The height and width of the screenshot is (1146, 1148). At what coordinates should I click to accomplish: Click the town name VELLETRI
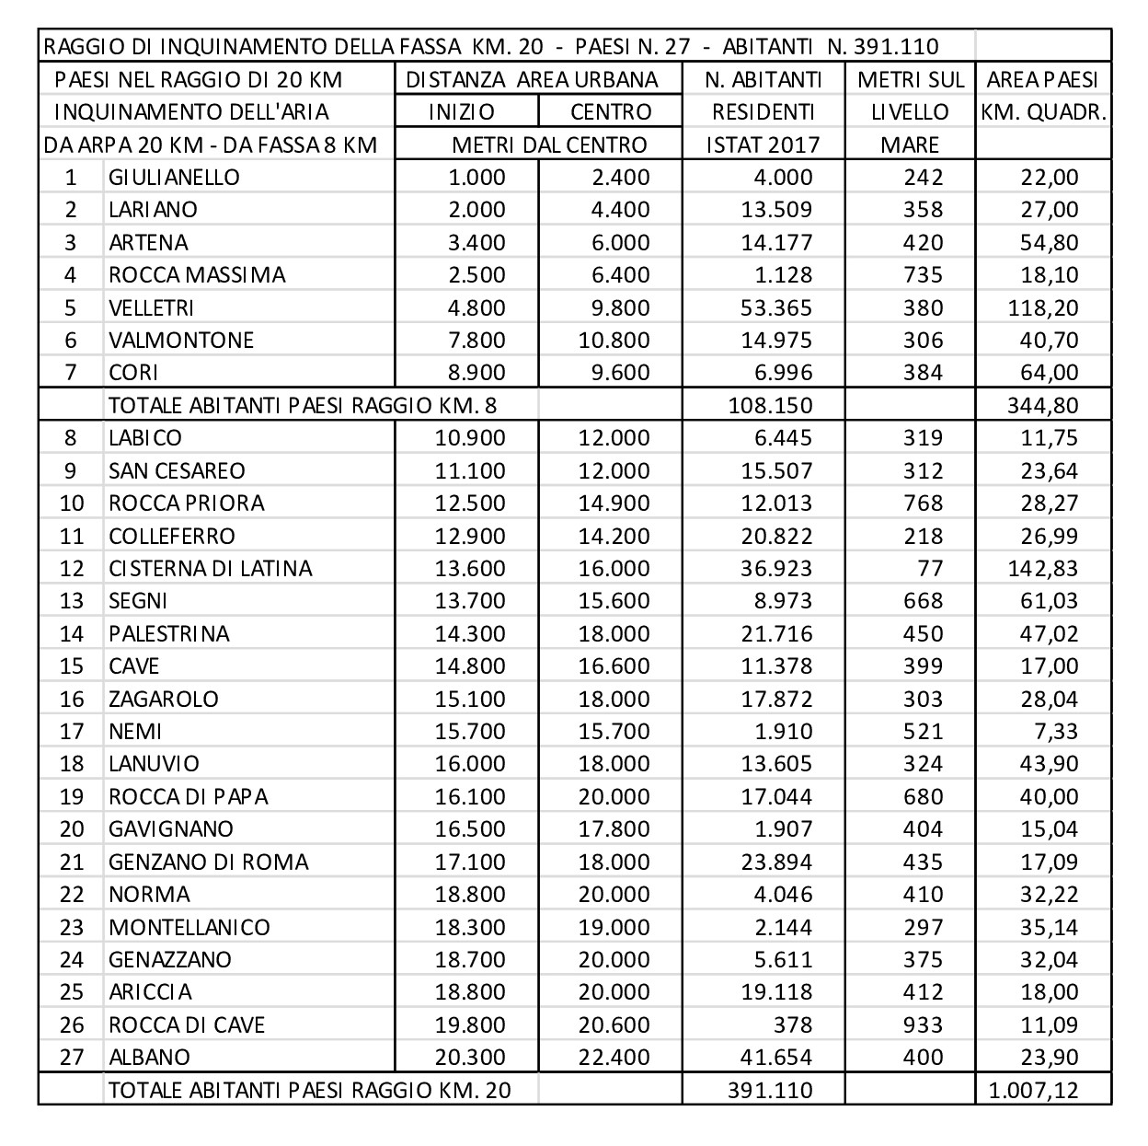click(151, 307)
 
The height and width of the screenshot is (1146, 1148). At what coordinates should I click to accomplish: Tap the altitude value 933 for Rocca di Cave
click(923, 1024)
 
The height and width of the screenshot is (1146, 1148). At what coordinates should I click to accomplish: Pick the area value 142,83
click(1043, 568)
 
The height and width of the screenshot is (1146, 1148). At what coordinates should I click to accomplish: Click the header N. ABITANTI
click(763, 79)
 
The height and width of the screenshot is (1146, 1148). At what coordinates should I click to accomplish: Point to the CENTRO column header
click(611, 112)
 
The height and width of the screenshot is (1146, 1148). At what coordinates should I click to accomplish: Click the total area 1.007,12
click(1033, 1091)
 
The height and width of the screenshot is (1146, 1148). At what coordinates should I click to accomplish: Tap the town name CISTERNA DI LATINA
click(210, 568)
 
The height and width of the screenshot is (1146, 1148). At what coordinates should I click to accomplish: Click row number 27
click(72, 1057)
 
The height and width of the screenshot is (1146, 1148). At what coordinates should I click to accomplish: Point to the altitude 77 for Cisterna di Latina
click(929, 568)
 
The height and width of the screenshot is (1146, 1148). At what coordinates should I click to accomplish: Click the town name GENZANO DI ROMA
click(208, 862)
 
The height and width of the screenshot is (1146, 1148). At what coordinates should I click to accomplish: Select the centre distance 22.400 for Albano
click(614, 1057)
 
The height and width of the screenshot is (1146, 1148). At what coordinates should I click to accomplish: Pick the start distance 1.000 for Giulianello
click(476, 178)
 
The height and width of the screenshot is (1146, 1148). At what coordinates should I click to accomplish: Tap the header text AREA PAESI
click(1043, 79)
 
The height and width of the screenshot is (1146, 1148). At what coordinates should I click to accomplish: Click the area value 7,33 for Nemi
click(1054, 731)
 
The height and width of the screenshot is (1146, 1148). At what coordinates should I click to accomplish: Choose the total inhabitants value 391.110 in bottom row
click(770, 1091)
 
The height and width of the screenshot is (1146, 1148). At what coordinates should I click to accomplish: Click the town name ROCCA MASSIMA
click(197, 275)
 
